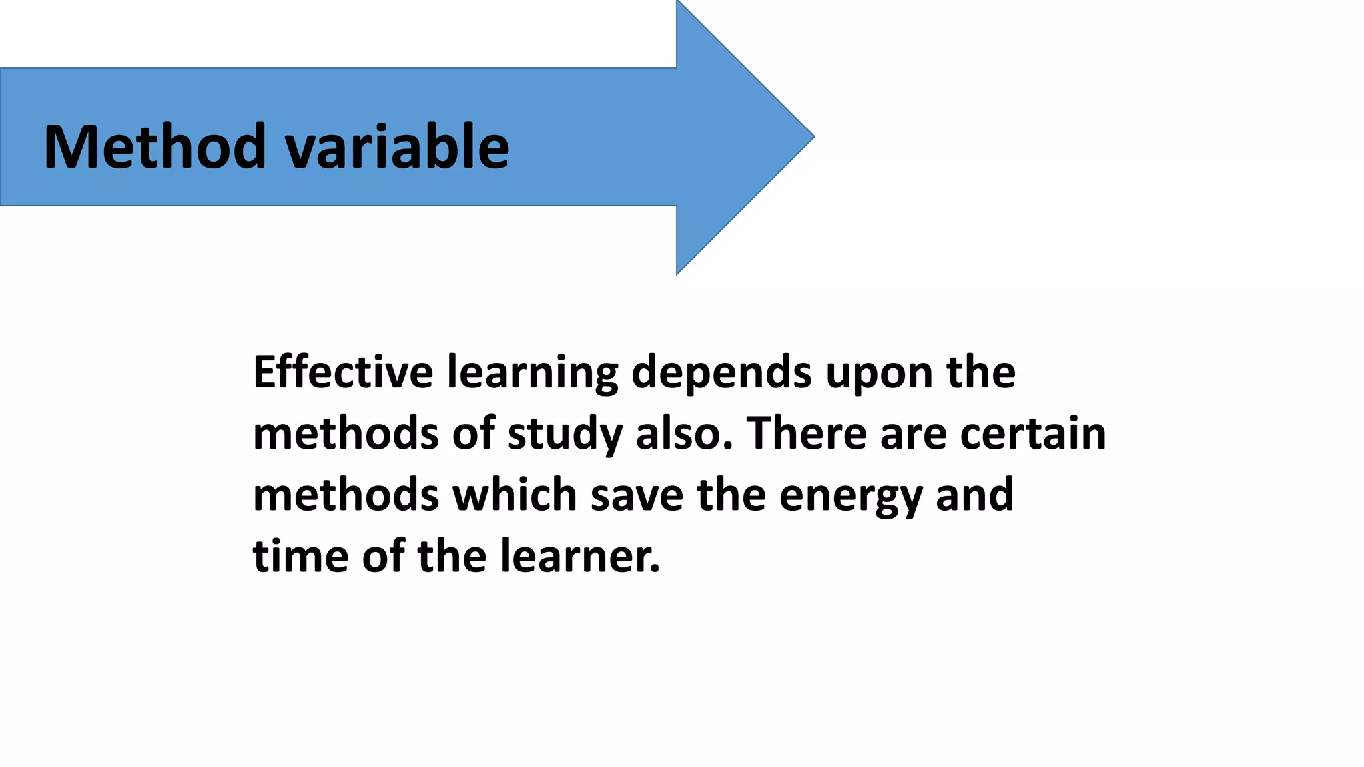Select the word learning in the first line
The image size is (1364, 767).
point(532,373)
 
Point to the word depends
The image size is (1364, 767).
point(721,373)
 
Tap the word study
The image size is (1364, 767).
point(565,434)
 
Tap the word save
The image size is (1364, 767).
point(637,496)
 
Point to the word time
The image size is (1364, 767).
point(300,556)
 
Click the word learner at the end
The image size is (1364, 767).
point(579,556)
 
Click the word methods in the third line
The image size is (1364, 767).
point(346,495)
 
